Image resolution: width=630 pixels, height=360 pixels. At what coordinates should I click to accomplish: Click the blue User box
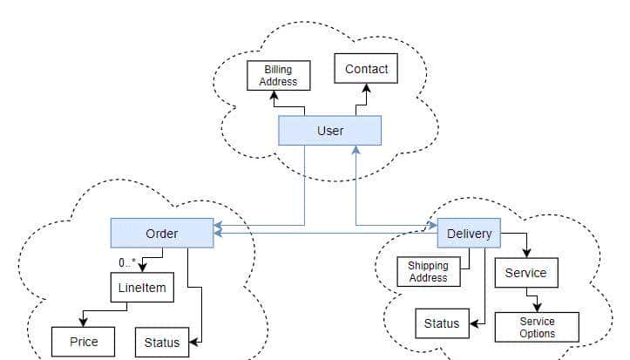coord(329,131)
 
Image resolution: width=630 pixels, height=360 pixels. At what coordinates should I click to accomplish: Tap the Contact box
coord(366,69)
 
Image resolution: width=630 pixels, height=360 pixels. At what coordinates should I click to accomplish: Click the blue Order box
coord(161,233)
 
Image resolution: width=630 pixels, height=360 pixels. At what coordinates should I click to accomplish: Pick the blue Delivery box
coord(469,233)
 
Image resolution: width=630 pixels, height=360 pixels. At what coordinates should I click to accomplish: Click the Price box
coord(84,342)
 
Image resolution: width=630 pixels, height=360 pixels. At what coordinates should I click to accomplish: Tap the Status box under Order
coord(161,342)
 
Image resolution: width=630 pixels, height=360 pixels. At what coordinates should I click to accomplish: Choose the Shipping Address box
coord(428,272)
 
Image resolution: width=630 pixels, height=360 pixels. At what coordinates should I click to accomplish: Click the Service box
coord(526,273)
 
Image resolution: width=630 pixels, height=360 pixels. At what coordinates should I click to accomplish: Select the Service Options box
coord(537,327)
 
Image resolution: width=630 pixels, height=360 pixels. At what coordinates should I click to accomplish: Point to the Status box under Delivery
coord(441,323)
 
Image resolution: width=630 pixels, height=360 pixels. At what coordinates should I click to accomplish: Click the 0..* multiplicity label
coord(127,262)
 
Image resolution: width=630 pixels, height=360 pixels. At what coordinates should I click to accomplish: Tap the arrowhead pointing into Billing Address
coord(274,94)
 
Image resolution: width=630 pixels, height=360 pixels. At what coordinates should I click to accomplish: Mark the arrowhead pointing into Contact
coord(366,88)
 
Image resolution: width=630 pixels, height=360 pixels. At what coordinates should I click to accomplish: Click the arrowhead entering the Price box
coord(82,322)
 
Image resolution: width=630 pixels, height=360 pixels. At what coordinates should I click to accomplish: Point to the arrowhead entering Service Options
coord(537,308)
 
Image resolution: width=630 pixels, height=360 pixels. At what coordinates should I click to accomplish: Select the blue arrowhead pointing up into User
coord(356,150)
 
